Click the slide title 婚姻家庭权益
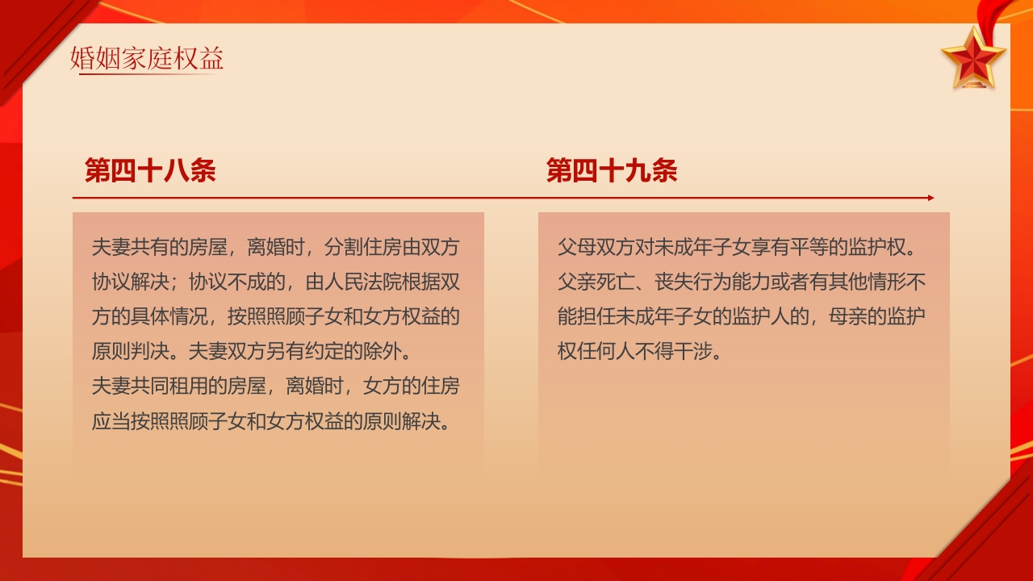[x=147, y=59]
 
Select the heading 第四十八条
[x=150, y=171]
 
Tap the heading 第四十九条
[x=612, y=171]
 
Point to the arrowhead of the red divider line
[x=931, y=198]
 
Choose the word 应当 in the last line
[x=111, y=421]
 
